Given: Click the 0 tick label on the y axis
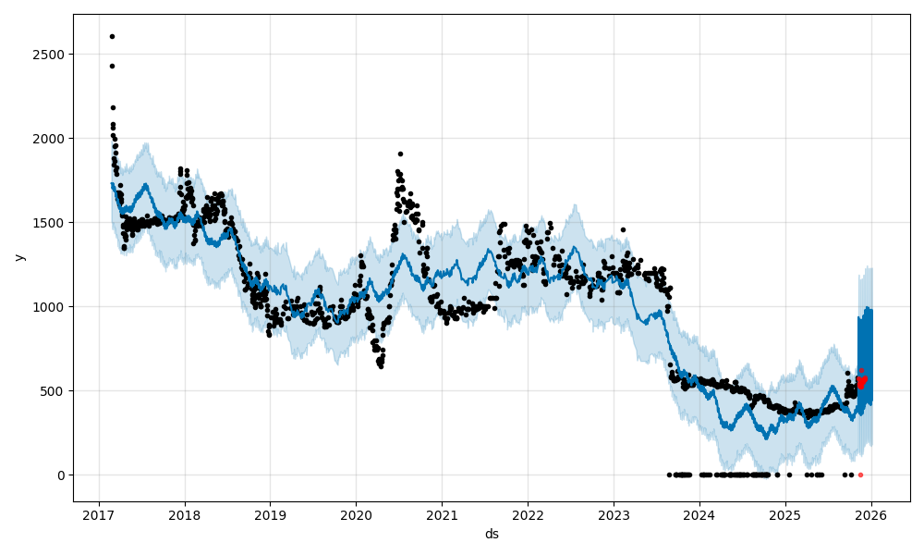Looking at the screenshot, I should click(61, 475).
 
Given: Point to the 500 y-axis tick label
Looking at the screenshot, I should click(55, 391).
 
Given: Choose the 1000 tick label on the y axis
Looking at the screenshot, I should click(52, 307).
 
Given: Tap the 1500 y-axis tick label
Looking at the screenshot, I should click(52, 223).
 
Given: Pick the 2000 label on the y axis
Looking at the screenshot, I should click(52, 139).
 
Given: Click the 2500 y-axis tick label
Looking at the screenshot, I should click(52, 55).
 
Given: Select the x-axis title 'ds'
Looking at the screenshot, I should click(492, 534).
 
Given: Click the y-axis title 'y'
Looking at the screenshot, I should click(18, 257).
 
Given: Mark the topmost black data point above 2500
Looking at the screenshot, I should click(112, 36).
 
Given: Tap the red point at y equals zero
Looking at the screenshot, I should click(860, 475).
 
